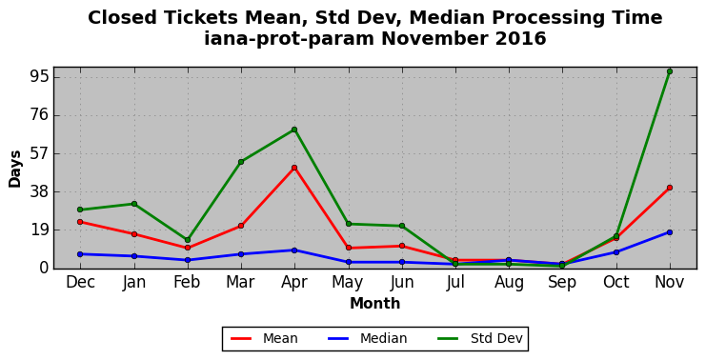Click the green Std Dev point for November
coord(670,71)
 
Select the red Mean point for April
coord(294,168)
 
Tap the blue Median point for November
coord(670,232)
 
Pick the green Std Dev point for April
coord(294,130)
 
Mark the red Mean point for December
coord(80,222)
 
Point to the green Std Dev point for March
coord(241,162)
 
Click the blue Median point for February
coord(188,260)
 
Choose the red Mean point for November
coord(670,188)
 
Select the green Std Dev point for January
coord(133,204)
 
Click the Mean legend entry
coord(264,338)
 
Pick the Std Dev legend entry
coord(479,338)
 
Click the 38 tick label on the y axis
coord(38,191)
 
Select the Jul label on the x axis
coord(455,282)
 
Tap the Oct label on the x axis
coord(615,282)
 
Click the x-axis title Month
coord(375,303)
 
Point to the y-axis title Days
coord(15,170)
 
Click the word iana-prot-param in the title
coord(289,39)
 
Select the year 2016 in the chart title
coord(520,38)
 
